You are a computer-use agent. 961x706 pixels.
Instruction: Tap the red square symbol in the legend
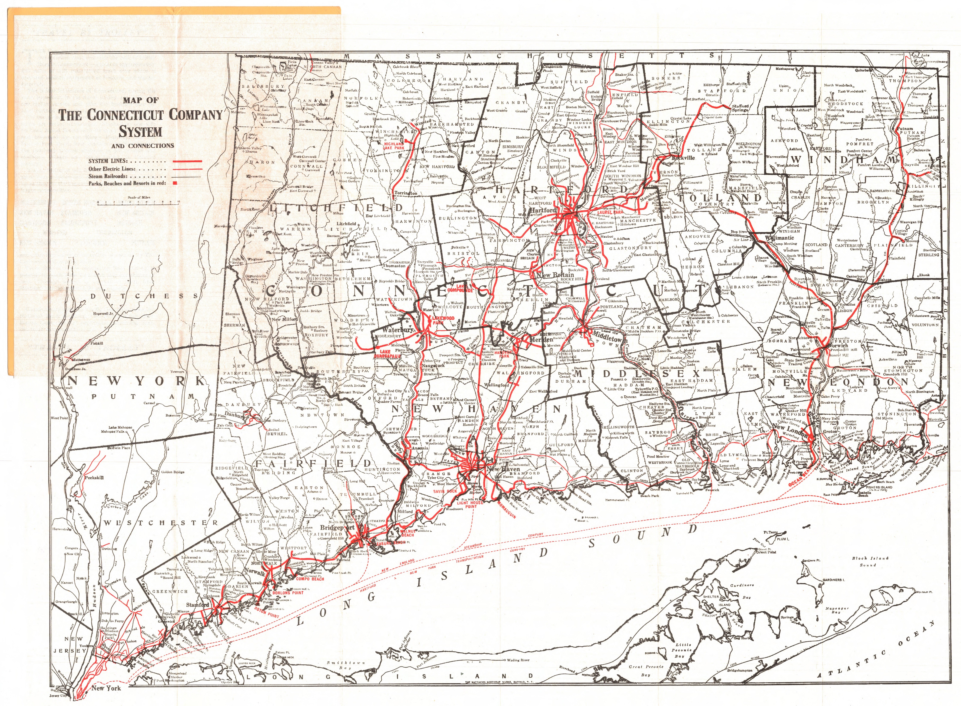pos(175,183)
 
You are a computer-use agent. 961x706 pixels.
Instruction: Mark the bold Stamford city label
pos(197,605)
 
